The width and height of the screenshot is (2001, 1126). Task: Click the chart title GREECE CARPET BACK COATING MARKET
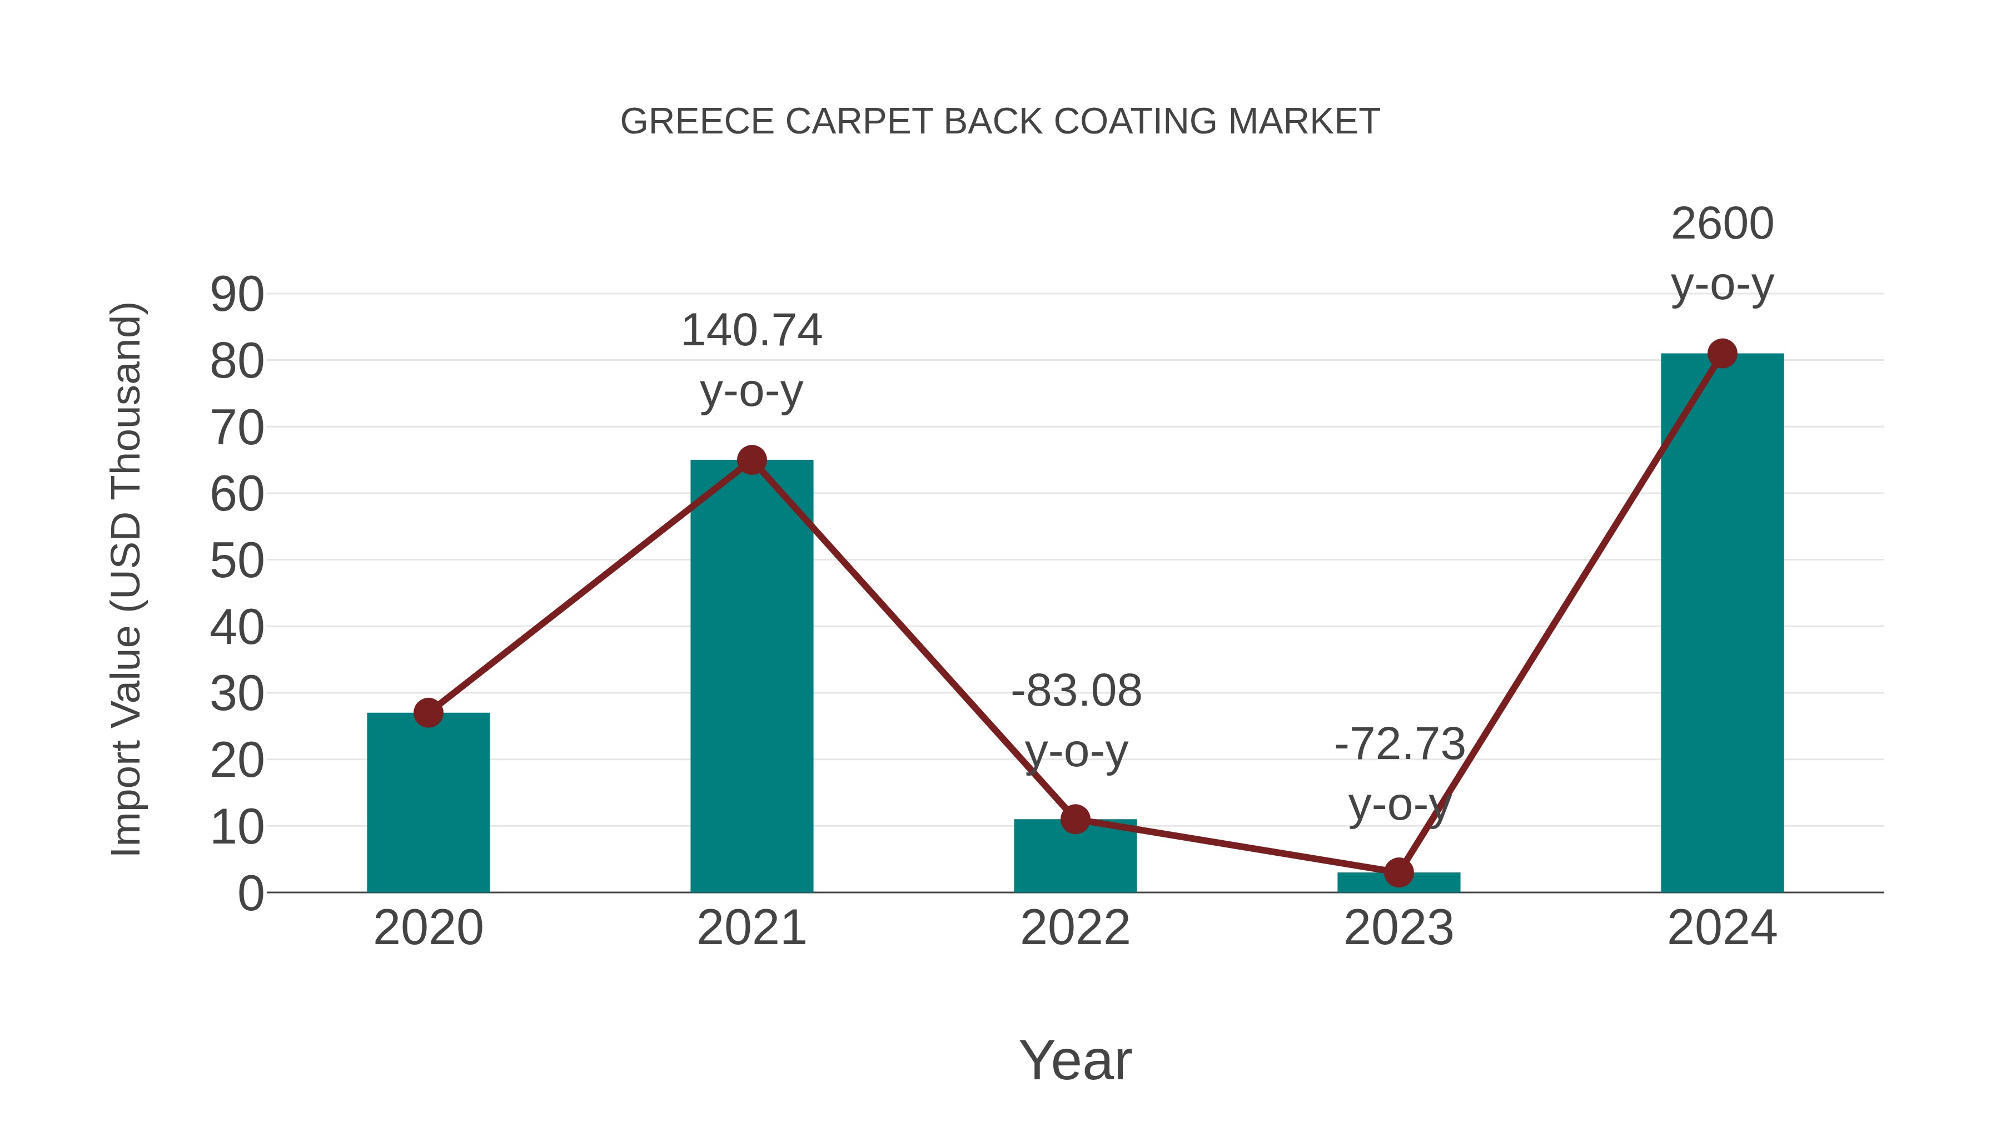click(1000, 122)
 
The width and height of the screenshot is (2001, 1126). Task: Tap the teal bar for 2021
click(751, 676)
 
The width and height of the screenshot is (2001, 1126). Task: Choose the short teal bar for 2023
click(1398, 883)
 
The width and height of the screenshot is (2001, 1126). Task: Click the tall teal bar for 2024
click(1722, 622)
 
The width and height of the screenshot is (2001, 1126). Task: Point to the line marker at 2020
click(428, 713)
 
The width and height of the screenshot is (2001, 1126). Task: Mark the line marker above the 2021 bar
click(751, 460)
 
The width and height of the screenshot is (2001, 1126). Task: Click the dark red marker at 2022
click(1075, 819)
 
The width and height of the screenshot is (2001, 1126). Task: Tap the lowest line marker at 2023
click(1398, 872)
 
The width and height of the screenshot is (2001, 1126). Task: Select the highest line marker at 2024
click(1722, 354)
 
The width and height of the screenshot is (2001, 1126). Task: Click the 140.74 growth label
click(751, 330)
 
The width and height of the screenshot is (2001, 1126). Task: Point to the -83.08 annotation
click(1076, 691)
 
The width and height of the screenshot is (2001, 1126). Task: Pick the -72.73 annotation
click(1399, 745)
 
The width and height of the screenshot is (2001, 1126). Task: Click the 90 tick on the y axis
click(237, 295)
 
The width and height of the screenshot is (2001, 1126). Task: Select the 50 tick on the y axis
click(237, 561)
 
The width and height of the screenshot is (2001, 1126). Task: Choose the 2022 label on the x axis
click(1075, 928)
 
